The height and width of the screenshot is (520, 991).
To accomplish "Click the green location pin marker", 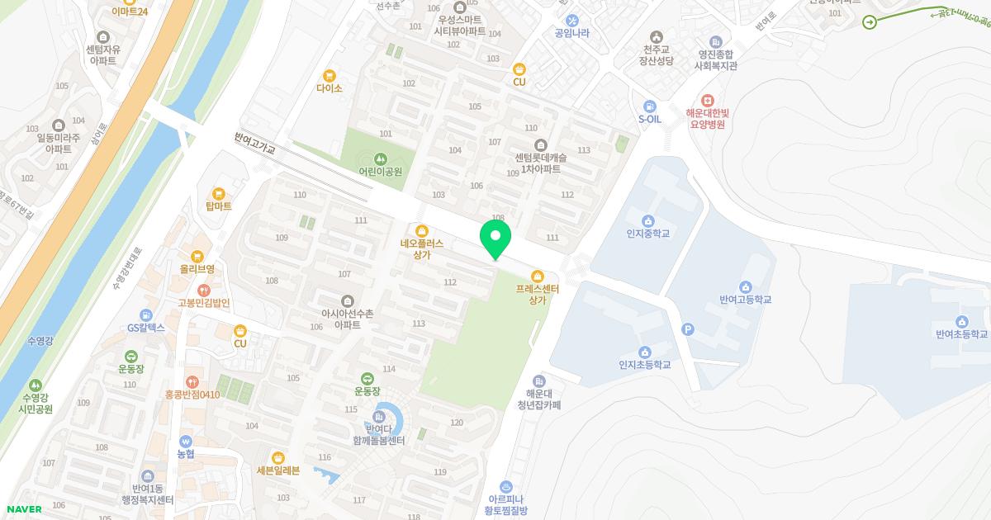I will coord(495,237).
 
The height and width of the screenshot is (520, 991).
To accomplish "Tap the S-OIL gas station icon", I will coord(650,106).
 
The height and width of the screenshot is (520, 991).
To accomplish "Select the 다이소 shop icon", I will coord(330,75).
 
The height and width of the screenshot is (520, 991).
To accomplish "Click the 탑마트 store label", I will coord(219,206).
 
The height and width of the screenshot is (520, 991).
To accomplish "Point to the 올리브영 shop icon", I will coord(197,256).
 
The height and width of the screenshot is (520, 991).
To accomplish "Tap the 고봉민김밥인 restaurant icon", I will coord(203,290).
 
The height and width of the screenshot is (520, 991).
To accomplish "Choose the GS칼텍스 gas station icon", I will coord(146,314).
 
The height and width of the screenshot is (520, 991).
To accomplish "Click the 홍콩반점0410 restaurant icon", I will coord(192,381).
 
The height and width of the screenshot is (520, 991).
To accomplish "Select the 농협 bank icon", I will coord(185,441).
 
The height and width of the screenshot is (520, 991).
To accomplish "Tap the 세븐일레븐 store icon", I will coord(278,457).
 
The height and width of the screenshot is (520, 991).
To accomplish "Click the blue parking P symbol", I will coord(687,330).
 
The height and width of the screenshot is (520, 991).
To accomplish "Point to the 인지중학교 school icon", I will coord(647,220).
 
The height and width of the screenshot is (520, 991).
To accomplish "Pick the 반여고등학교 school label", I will coord(745,300).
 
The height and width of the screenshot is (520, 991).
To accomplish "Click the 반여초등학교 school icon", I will coord(961,321).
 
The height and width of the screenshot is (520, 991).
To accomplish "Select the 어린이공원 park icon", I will coord(380,158).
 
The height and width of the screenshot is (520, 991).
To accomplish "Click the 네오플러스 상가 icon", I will coord(422,230).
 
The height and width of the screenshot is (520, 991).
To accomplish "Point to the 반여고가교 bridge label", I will coord(254,145).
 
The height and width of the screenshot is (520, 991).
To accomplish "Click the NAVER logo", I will coord(23,509).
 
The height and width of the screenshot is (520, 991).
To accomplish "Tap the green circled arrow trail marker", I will coord(870,22).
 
